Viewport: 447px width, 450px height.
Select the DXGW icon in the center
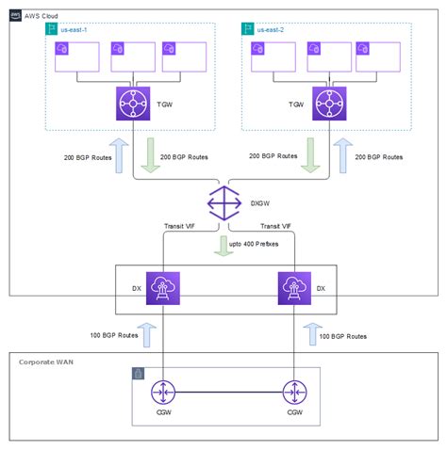point(223,201)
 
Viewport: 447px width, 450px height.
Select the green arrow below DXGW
point(223,247)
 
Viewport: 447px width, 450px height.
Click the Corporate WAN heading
point(47,361)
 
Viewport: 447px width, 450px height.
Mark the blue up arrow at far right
point(342,155)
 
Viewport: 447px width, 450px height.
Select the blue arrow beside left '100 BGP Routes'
point(141,335)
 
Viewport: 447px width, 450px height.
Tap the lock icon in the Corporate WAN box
point(139,375)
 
